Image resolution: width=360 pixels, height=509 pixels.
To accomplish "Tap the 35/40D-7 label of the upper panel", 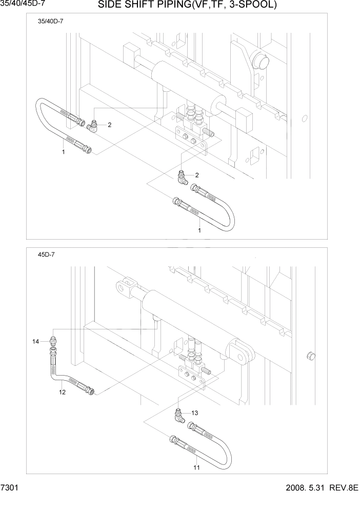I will tap(51, 22).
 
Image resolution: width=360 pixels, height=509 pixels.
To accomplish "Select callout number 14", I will tap(35, 341).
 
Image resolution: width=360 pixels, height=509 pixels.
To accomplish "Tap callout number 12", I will tap(62, 393).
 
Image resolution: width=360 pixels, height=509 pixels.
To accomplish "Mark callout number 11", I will tap(197, 467).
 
